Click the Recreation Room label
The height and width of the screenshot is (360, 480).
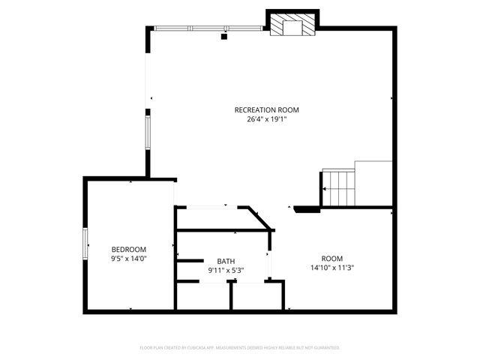tap(267, 109)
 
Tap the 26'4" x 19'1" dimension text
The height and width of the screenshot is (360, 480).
tap(267, 118)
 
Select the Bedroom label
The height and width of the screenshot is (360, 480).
tap(129, 249)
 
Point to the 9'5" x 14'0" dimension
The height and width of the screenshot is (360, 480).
tap(129, 258)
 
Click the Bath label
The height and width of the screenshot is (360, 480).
tap(226, 261)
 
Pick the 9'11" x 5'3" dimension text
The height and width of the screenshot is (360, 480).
tap(226, 270)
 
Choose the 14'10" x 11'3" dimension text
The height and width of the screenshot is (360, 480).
tap(332, 267)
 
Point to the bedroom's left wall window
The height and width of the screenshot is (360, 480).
tap(85, 243)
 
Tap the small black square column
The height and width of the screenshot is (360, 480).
tap(223, 35)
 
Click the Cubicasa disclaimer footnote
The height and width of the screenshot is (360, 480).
tap(240, 348)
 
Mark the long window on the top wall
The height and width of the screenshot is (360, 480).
tap(210, 28)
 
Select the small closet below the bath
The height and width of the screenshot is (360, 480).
tap(256, 296)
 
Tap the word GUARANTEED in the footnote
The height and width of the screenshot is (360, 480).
tap(328, 348)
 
